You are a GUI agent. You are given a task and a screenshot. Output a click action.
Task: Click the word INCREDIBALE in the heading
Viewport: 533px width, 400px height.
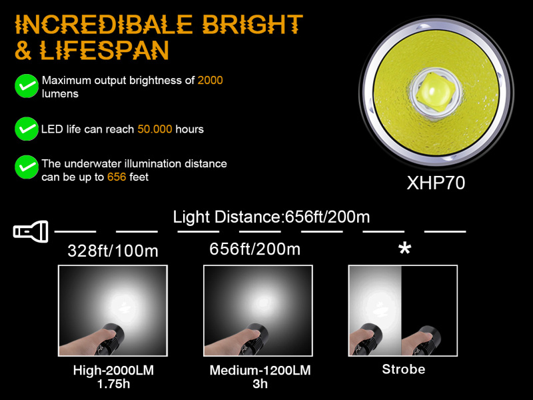[104, 25]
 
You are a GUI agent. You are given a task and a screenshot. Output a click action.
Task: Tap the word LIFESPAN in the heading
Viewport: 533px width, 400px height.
[104, 51]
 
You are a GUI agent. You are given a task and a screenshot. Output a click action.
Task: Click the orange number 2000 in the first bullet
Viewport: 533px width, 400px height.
[210, 80]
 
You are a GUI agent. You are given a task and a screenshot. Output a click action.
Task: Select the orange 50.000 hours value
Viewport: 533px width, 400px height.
[155, 129]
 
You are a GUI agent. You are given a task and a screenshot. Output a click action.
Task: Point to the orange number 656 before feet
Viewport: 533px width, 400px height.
[117, 177]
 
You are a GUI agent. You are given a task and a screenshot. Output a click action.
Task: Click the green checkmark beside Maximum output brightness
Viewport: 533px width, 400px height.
[27, 86]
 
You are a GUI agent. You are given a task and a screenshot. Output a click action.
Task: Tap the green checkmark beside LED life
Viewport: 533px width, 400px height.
[27, 129]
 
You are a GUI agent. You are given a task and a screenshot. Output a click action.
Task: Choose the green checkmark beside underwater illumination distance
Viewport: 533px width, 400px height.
[27, 167]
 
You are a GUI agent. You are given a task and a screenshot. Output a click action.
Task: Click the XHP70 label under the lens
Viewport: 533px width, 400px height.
[436, 183]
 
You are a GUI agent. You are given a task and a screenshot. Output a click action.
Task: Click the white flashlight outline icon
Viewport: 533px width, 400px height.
[31, 231]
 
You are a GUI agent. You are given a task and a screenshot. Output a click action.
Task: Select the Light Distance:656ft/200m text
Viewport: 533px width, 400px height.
[271, 217]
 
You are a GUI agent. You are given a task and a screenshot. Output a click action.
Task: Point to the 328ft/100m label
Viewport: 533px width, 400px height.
[113, 251]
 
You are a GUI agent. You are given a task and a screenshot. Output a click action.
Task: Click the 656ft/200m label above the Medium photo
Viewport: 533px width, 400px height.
[255, 249]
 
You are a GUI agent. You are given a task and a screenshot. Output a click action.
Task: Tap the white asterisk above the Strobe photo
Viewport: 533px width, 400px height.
[404, 249]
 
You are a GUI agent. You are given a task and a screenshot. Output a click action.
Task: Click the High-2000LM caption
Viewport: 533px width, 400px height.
[113, 370]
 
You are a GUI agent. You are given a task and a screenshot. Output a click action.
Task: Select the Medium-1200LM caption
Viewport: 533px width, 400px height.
[260, 370]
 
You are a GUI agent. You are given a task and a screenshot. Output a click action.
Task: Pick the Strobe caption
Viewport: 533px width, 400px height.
[404, 369]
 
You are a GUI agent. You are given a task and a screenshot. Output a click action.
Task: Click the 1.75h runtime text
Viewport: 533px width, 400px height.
[113, 384]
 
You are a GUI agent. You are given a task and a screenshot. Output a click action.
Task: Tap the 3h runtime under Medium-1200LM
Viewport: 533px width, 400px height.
[260, 384]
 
